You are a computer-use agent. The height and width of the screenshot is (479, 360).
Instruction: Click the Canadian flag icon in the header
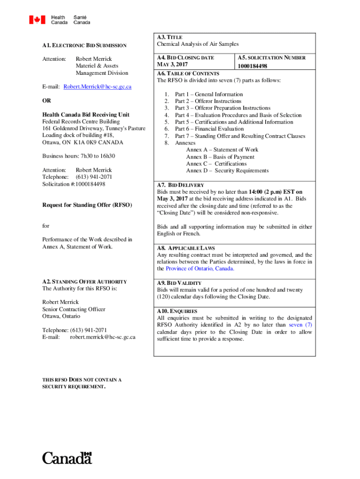(x=37, y=20)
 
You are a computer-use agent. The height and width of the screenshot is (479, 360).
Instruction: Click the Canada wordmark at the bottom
(x=67, y=458)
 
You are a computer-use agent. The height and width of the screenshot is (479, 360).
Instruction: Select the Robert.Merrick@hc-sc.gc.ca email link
(x=97, y=87)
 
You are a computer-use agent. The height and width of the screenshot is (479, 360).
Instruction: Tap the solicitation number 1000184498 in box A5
(x=252, y=66)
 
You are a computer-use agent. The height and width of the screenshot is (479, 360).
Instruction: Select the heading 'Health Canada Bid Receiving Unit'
(x=86, y=115)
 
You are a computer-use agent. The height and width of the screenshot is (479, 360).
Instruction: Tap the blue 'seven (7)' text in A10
(x=301, y=325)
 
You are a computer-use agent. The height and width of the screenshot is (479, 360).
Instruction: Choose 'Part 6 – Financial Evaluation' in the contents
(x=209, y=129)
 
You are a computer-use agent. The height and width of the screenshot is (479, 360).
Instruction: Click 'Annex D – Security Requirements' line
(x=227, y=171)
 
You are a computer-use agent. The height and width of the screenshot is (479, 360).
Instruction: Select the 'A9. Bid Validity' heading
(x=179, y=283)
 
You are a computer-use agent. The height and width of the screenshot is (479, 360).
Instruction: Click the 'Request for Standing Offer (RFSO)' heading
(x=87, y=205)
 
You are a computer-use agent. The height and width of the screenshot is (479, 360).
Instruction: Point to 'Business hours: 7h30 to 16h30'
(x=79, y=156)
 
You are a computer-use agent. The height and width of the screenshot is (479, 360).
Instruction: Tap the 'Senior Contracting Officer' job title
(x=73, y=309)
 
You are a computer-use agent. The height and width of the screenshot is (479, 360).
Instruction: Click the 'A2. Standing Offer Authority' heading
(x=84, y=282)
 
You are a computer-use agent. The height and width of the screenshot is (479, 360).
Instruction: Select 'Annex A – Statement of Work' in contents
(x=222, y=150)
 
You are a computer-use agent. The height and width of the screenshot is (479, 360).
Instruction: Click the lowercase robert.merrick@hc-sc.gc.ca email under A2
(x=102, y=337)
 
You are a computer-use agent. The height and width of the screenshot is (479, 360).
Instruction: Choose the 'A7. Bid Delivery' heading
(x=180, y=185)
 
